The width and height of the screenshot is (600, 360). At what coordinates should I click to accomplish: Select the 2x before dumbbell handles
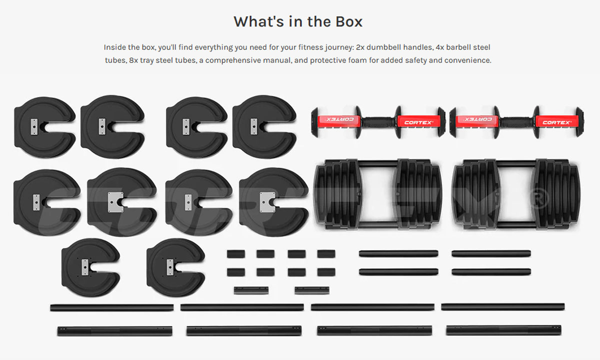[x=360, y=47]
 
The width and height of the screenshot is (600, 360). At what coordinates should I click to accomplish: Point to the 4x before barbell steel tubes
[x=440, y=47]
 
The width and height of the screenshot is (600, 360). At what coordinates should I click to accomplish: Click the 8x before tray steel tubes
[x=133, y=60]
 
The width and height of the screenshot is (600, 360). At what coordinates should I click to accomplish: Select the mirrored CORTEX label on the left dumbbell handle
[x=339, y=119]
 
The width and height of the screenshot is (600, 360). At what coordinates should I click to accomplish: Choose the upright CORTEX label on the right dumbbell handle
[x=556, y=122]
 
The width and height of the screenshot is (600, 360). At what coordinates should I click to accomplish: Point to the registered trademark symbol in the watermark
[x=539, y=198]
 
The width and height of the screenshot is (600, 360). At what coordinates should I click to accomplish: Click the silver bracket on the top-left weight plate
[x=34, y=126]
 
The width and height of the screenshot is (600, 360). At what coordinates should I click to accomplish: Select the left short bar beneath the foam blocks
[x=251, y=290]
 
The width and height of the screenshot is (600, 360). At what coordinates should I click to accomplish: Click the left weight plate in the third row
[x=91, y=267]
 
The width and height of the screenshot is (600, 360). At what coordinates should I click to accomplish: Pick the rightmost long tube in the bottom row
[x=503, y=330]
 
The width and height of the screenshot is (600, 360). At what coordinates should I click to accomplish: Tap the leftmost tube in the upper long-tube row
[x=112, y=307]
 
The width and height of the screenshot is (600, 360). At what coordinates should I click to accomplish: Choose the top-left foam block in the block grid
[x=235, y=254]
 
